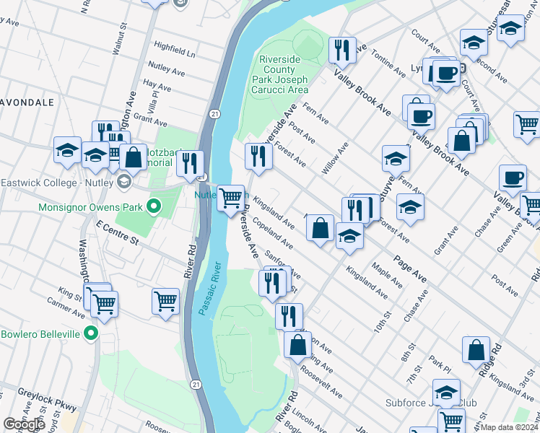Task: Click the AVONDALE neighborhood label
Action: [27, 102]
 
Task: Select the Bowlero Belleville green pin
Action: [90, 333]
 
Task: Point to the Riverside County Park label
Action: [279, 75]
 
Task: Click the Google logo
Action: [25, 424]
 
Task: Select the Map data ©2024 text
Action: [510, 427]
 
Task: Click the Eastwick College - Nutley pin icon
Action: [123, 182]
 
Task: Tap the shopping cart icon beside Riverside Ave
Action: [230, 197]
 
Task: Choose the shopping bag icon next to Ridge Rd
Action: [476, 351]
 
